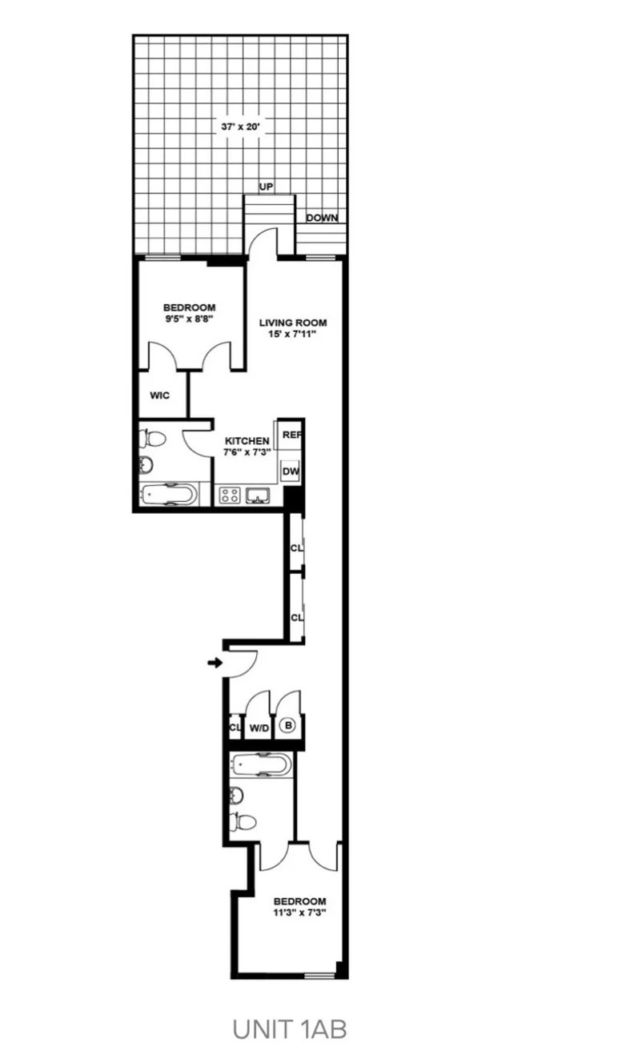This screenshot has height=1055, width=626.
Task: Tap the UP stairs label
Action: [267, 187]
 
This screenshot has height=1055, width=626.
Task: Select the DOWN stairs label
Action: [322, 218]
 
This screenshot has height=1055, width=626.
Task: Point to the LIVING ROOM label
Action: [293, 323]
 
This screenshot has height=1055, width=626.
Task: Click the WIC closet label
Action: [160, 395]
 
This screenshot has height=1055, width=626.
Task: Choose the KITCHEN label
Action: [247, 441]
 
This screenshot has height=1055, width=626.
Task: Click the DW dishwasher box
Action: [290, 472]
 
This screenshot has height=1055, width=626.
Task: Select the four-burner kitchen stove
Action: [231, 495]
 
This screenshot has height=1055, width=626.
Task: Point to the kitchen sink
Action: [259, 495]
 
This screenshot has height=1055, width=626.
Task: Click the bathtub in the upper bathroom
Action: [168, 494]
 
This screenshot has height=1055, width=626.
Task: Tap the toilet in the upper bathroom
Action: [151, 439]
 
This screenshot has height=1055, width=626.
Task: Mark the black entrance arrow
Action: [215, 663]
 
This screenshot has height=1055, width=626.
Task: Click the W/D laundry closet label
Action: [259, 728]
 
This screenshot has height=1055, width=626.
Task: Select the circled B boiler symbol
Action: [288, 726]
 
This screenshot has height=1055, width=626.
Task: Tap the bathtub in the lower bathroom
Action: [260, 765]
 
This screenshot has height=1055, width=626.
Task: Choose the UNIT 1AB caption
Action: [290, 1029]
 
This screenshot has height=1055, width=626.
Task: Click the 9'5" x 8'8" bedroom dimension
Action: [190, 319]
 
